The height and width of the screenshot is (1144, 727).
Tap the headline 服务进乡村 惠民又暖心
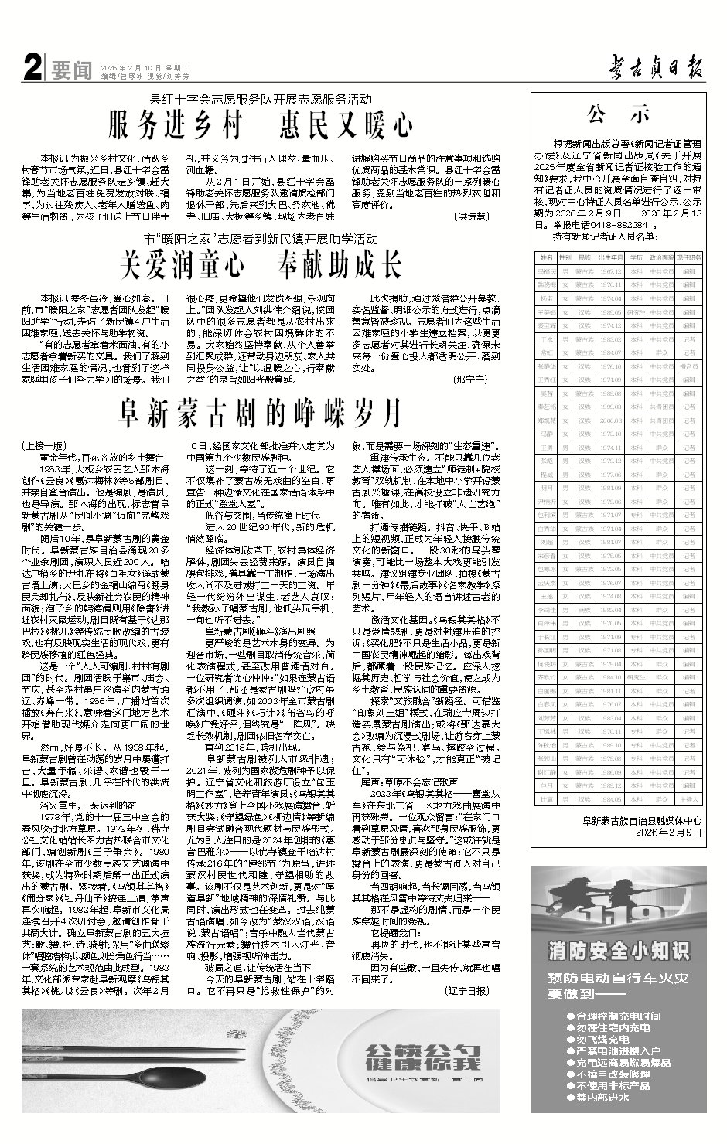tap(261, 124)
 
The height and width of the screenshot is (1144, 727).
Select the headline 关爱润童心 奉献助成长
tap(261, 266)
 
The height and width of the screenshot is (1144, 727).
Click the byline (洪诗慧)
tap(471, 217)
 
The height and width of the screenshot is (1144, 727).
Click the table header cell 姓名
tap(547, 257)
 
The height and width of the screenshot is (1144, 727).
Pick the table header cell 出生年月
tap(612, 257)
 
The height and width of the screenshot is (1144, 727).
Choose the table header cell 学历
tap(636, 257)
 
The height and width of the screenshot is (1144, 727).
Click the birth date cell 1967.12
tap(612, 272)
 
